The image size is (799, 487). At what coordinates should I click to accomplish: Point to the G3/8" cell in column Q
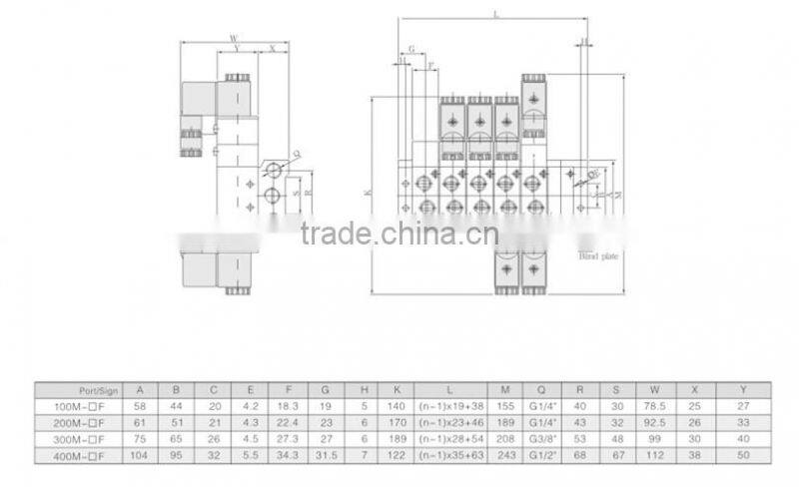(541, 438)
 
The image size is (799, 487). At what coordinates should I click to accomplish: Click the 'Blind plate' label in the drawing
(600, 255)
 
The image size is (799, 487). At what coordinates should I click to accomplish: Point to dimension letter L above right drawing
(496, 13)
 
